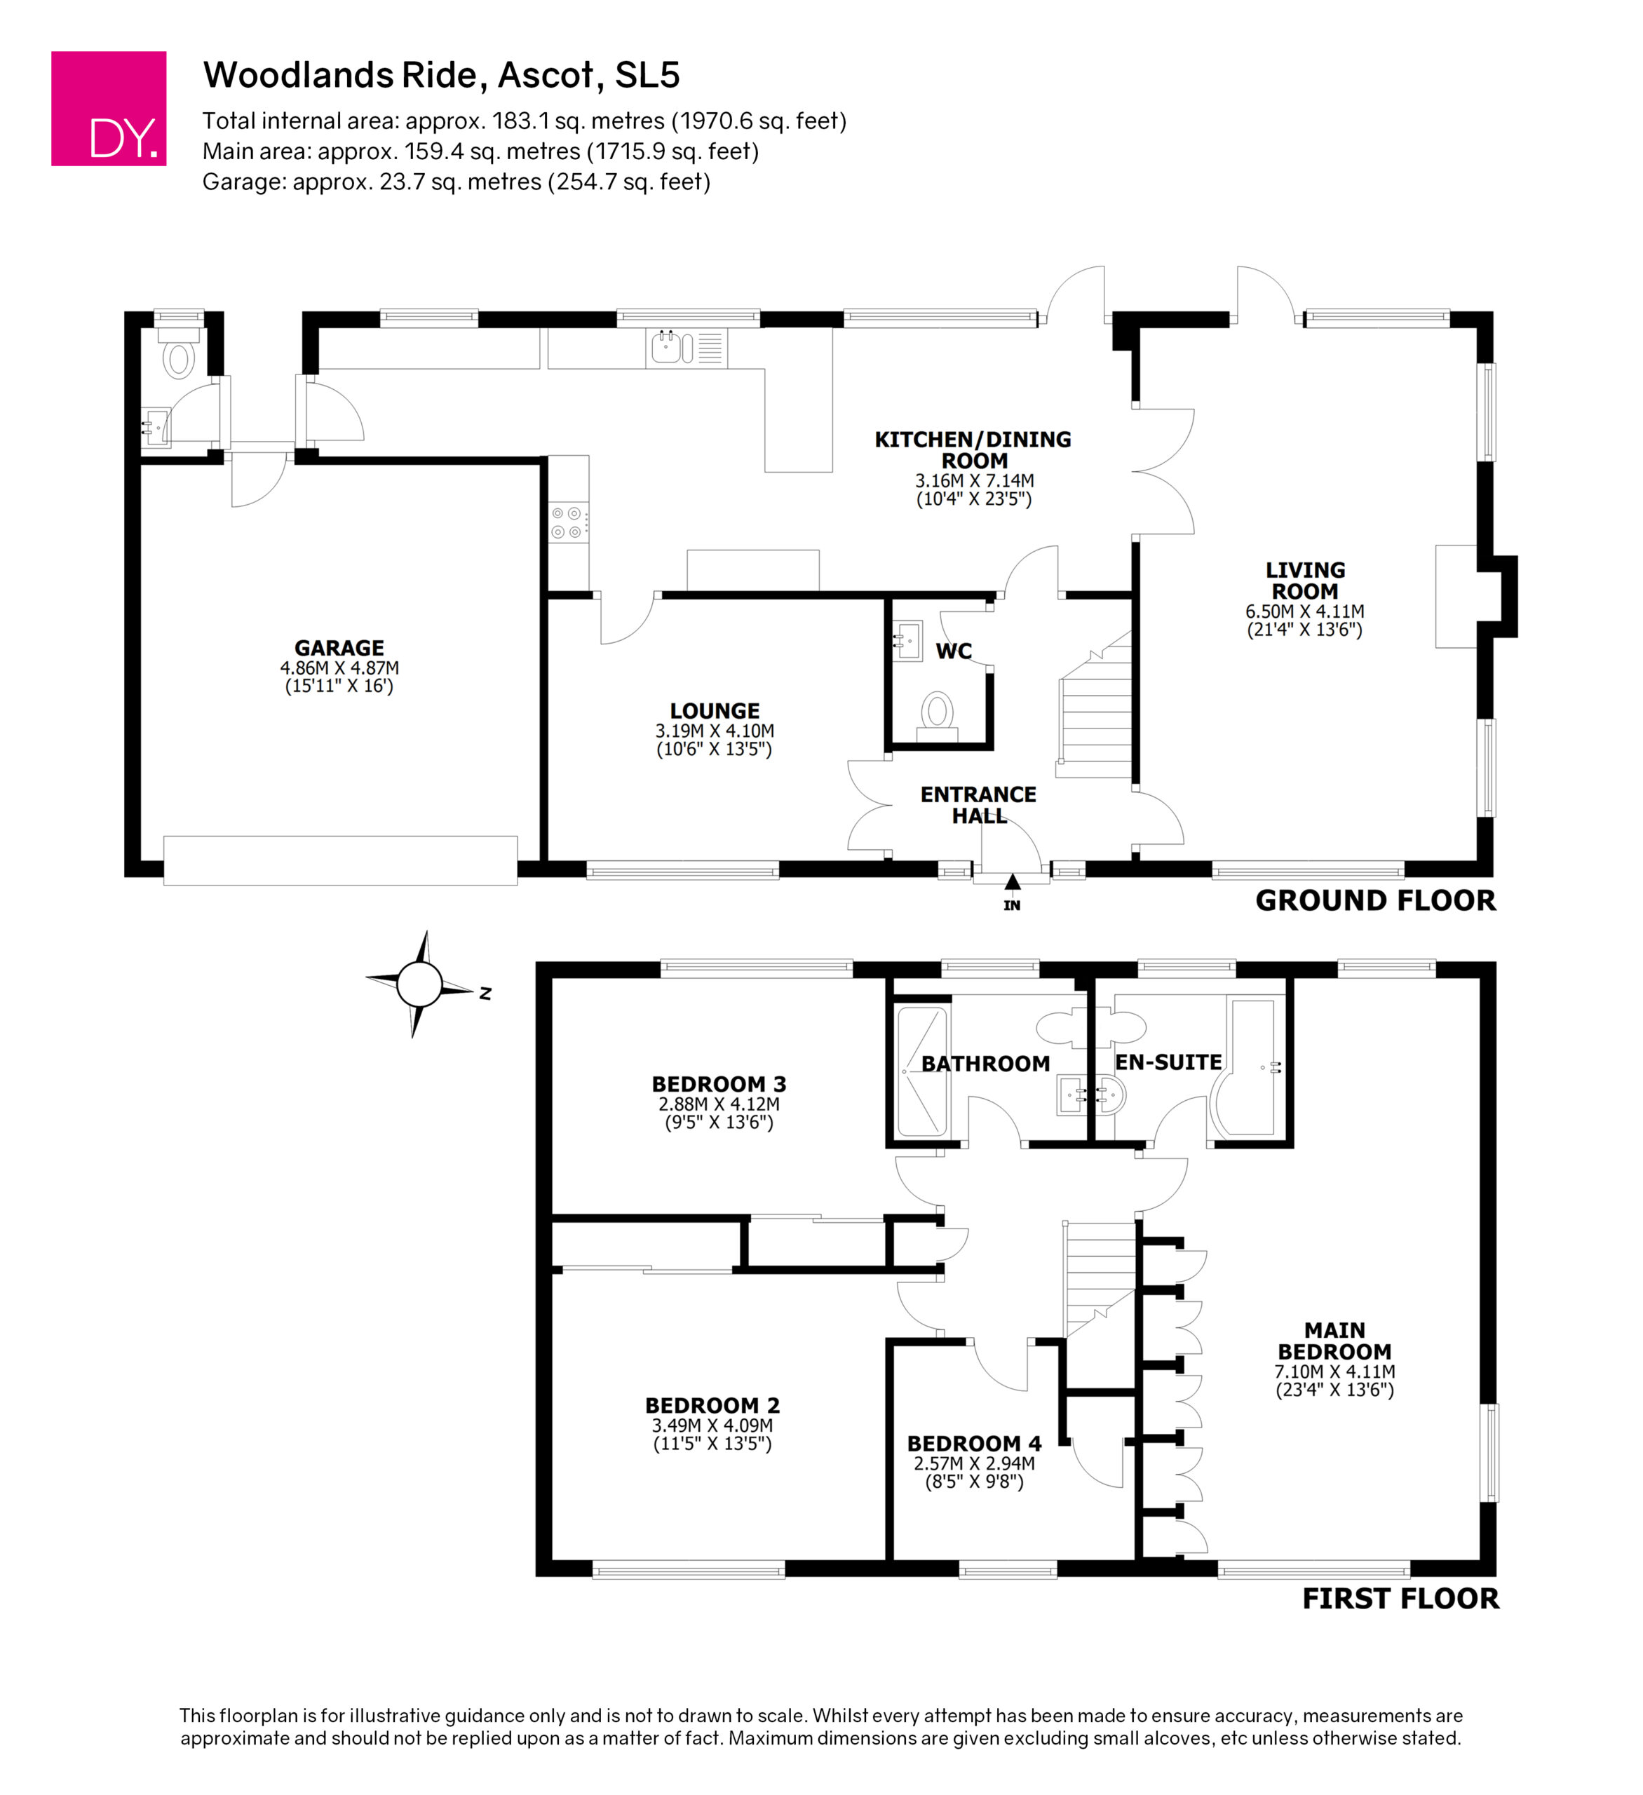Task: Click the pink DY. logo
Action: tap(109, 109)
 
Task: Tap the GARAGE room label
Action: tap(339, 648)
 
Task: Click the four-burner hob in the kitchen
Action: tap(567, 522)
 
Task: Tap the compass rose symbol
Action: tap(420, 984)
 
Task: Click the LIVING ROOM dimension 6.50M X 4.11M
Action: tap(1304, 611)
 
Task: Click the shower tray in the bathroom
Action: tap(921, 1071)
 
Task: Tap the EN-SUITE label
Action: tap(1168, 1062)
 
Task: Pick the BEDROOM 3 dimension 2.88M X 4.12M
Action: tap(719, 1104)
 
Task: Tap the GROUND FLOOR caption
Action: tap(1376, 901)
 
